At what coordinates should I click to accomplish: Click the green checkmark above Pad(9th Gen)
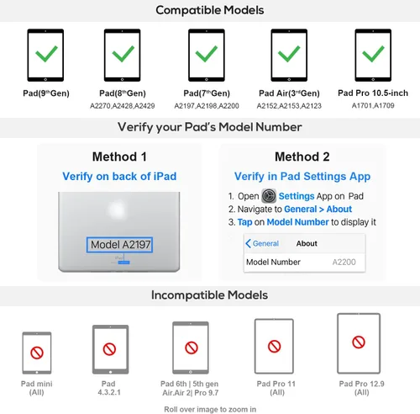(x=46, y=53)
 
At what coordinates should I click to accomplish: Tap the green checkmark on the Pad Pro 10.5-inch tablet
(x=373, y=53)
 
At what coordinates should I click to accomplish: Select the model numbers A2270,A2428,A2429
(x=123, y=106)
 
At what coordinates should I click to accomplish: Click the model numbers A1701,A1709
(x=373, y=105)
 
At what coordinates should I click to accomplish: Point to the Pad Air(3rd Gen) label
(x=289, y=93)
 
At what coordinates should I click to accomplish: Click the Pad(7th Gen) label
(x=207, y=93)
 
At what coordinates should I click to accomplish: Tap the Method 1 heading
(x=119, y=157)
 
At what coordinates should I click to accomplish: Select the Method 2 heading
(x=302, y=157)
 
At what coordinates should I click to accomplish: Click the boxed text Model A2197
(x=119, y=245)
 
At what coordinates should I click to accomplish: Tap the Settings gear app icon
(x=269, y=196)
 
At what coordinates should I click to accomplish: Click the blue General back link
(x=262, y=243)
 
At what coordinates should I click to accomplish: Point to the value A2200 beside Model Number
(x=344, y=262)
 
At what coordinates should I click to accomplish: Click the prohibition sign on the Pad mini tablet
(x=37, y=353)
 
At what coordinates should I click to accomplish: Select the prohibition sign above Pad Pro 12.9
(x=359, y=342)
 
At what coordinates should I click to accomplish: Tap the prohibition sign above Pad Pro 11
(x=274, y=346)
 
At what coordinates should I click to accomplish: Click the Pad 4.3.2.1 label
(x=109, y=388)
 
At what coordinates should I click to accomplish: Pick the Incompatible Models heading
(x=209, y=295)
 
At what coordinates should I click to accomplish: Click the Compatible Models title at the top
(x=210, y=10)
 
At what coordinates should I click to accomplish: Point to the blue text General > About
(x=318, y=209)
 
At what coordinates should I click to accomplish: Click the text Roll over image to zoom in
(x=210, y=409)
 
